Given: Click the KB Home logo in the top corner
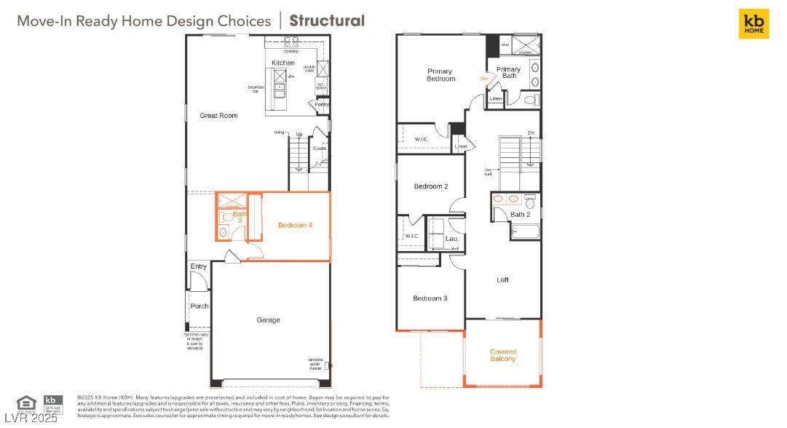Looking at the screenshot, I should [x=754, y=23].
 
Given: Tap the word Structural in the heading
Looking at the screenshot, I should [x=327, y=20].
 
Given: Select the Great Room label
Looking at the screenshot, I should [x=218, y=115].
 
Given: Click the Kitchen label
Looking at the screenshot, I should [x=283, y=63].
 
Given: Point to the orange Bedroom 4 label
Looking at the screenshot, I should [x=295, y=226].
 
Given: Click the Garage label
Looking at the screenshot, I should [x=268, y=320].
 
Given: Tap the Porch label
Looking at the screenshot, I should [x=199, y=306].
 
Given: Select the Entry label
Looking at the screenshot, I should [x=198, y=266].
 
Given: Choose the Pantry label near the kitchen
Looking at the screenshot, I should [x=321, y=105].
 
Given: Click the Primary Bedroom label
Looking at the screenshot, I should [x=440, y=75].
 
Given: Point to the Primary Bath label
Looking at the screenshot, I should [x=508, y=73].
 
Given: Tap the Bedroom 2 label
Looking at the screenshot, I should [x=430, y=186].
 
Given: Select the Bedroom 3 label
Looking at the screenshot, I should [x=430, y=298].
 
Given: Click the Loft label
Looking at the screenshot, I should [x=502, y=280].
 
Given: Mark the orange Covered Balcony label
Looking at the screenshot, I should [x=502, y=355].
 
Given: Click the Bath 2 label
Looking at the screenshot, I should [x=519, y=215].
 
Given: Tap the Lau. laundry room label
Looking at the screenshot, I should [x=451, y=238].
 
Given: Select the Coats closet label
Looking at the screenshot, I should [x=320, y=148].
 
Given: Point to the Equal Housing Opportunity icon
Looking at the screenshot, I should [x=25, y=402].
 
